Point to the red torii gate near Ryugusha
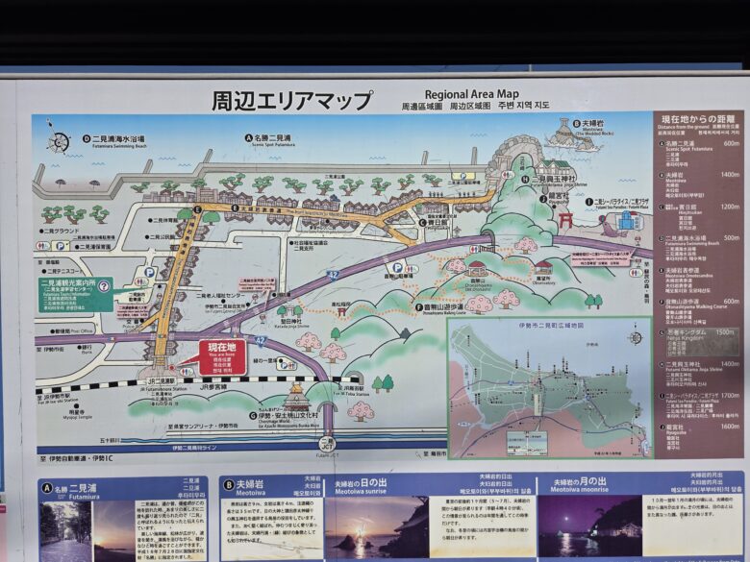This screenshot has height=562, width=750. pyautogui.click(x=565, y=220)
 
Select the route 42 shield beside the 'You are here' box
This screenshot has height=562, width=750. pyautogui.click(x=261, y=341)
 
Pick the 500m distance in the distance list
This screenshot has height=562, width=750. pyautogui.click(x=731, y=237)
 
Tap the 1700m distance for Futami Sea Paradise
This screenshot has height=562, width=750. pyautogui.click(x=729, y=395)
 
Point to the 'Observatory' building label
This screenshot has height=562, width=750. pyautogui.click(x=543, y=281)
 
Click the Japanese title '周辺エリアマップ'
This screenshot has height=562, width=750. pyautogui.click(x=291, y=100)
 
